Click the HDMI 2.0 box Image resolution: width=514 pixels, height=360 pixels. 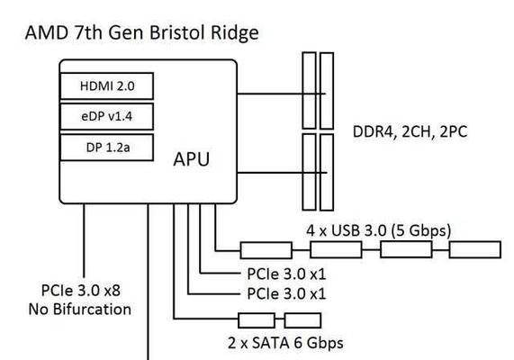tap(107, 85)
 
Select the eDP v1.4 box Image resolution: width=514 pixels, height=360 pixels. tap(107, 116)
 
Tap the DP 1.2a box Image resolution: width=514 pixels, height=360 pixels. tap(107, 148)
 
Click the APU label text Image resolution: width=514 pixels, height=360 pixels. tap(192, 159)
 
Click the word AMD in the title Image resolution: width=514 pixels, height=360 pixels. tap(47, 32)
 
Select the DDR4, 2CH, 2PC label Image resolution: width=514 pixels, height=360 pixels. tap(410, 131)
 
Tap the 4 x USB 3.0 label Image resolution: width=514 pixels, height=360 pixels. tap(379, 230)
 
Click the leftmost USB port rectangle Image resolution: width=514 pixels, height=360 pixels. tap(266, 250)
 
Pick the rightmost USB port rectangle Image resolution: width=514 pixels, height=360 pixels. tap(475, 249)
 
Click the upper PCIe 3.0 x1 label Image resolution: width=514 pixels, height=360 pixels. tap(287, 274)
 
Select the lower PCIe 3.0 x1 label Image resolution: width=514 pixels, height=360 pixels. tap(287, 293)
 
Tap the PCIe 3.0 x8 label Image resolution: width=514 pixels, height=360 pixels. tap(81, 291)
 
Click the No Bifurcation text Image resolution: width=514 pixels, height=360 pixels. tap(80, 310)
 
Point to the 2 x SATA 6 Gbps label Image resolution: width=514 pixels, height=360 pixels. tap(285, 343)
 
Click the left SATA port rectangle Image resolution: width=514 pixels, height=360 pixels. tap(257, 320)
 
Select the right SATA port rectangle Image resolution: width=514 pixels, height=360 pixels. tap(302, 320)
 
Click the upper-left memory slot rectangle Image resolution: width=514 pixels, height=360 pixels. tap(309, 90)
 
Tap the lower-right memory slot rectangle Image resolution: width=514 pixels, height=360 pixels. tap(327, 172)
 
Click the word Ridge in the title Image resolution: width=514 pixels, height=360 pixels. tap(235, 33)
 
